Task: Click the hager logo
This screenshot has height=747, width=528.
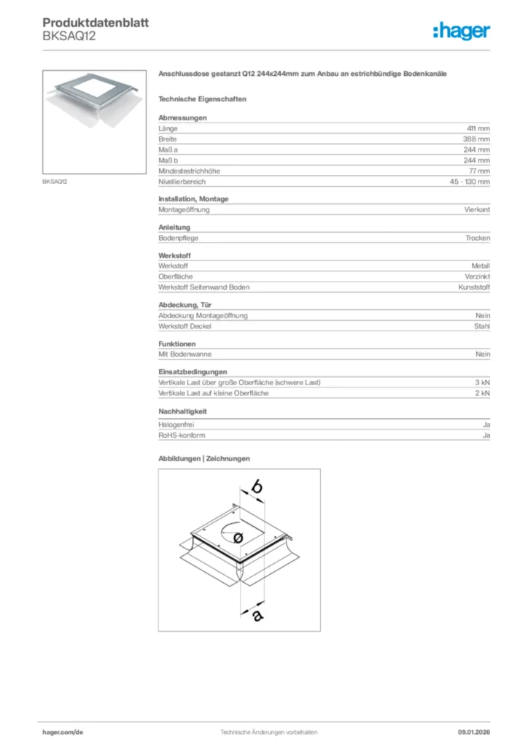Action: [461, 31]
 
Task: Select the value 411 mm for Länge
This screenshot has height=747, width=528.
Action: [478, 128]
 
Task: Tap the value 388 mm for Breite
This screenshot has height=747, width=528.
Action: [476, 139]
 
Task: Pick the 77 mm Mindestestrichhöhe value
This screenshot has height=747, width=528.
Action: [479, 171]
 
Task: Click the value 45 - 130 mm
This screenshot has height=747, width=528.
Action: [470, 182]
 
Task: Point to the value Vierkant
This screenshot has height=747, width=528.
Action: [477, 210]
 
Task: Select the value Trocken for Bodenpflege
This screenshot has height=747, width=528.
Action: [478, 239]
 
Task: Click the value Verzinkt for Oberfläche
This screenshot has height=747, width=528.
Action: [477, 277]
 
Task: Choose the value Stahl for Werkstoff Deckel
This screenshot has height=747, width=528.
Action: [481, 326]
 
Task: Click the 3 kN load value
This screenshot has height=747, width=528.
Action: [482, 383]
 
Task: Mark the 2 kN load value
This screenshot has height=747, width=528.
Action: [482, 393]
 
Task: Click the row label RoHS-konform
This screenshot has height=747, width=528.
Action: [182, 436]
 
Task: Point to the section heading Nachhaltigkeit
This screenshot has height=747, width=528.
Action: [182, 411]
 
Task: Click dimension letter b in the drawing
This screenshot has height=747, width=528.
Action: [256, 487]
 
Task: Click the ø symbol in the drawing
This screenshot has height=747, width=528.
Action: [238, 538]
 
